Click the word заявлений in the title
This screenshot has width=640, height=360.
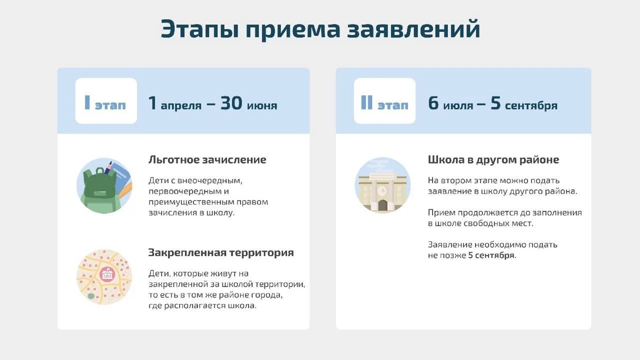pos(413,29)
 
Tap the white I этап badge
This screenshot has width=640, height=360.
pos(106,101)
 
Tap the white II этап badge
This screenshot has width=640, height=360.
pos(384,101)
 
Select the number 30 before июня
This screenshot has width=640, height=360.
pos(231,103)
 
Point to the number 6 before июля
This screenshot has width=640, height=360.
pos(433,103)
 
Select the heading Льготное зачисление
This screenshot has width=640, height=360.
pos(207,159)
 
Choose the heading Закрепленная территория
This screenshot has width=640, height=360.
pos(221,253)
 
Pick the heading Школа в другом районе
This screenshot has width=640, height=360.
pos(493,159)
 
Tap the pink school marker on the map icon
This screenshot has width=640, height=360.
pos(107,274)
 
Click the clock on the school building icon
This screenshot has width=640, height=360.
pos(382,191)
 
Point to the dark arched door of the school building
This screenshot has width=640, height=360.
pos(382,205)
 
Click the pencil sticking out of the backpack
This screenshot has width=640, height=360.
pos(108,167)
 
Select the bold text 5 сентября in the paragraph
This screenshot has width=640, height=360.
pos(491,255)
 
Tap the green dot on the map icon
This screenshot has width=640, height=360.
pos(91,296)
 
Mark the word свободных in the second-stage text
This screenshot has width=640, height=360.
pos(486,223)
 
